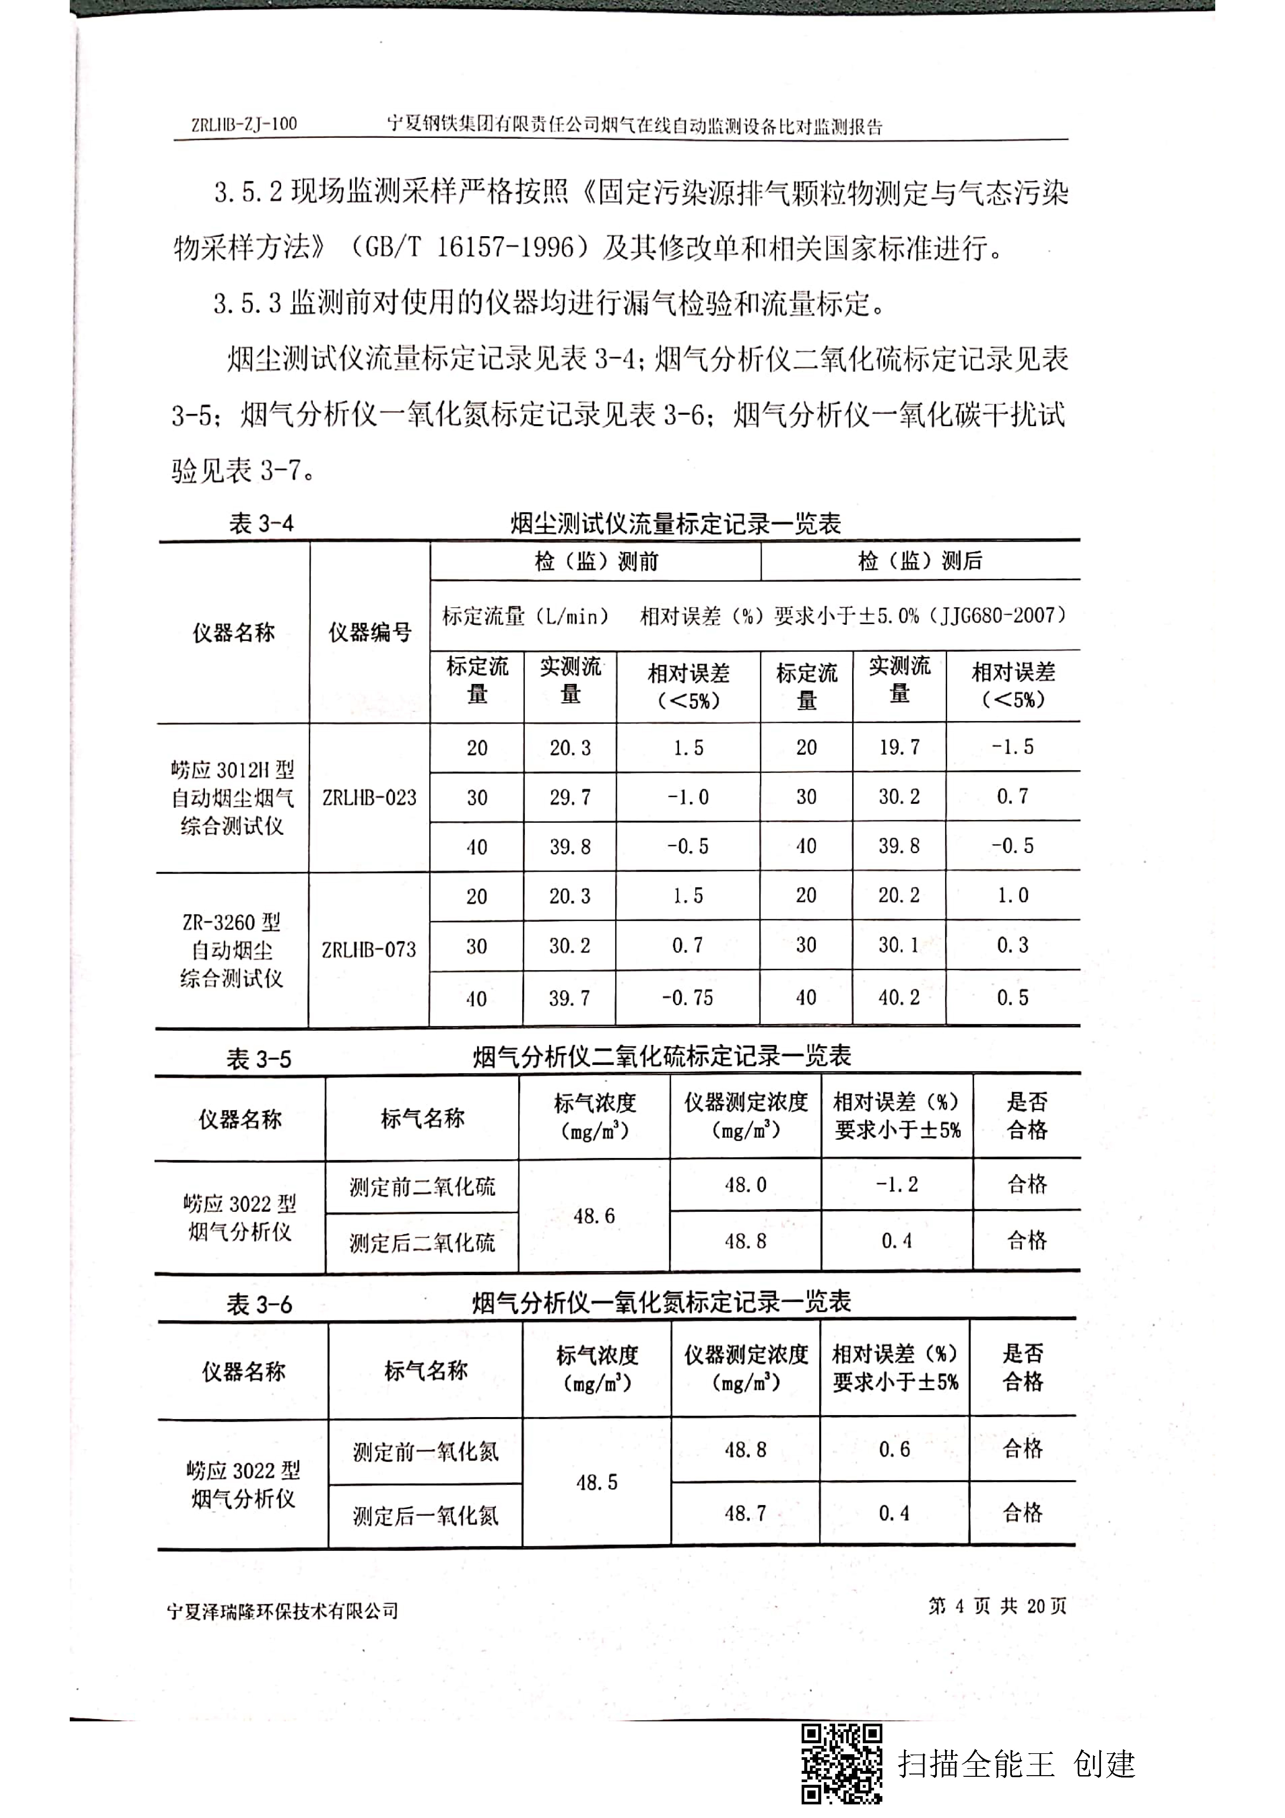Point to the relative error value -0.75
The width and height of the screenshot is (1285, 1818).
click(x=687, y=998)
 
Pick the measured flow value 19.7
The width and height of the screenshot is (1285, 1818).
click(x=899, y=747)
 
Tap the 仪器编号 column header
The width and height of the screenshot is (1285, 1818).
click(x=370, y=633)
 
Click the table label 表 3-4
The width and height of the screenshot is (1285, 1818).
click(x=261, y=524)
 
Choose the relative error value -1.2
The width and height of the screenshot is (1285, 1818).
click(x=897, y=1185)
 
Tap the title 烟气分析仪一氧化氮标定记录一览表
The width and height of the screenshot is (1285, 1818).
click(x=661, y=1302)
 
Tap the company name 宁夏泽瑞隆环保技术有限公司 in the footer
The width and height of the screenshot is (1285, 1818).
click(x=283, y=1610)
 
